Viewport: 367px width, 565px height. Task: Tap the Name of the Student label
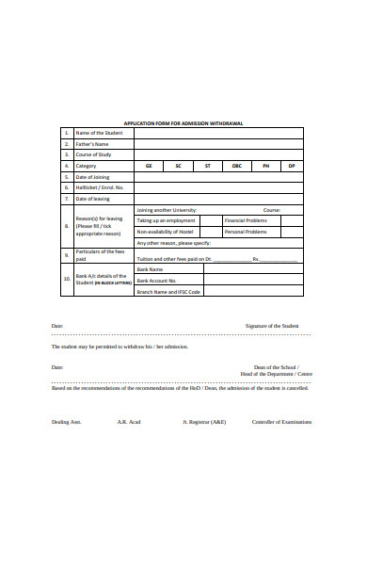click(x=98, y=133)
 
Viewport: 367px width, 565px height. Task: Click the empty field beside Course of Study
click(x=217, y=154)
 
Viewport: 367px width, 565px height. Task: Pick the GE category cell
click(x=148, y=166)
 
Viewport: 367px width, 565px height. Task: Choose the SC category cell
click(x=178, y=166)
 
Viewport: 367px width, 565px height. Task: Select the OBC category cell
click(x=236, y=166)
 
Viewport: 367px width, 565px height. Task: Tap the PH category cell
click(x=265, y=166)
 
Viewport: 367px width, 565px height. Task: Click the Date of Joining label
click(x=92, y=177)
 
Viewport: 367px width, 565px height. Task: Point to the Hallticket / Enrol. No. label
click(x=99, y=187)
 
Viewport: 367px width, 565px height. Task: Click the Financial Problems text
click(x=247, y=220)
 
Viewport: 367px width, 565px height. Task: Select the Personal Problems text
click(x=247, y=232)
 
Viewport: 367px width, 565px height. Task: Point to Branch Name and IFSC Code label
click(x=168, y=291)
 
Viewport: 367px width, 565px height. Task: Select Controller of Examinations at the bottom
click(x=281, y=422)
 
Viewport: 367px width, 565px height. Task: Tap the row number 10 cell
click(x=66, y=280)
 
